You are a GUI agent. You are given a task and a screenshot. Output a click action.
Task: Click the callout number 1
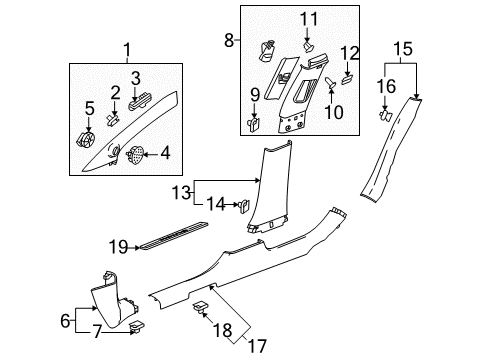[126, 49]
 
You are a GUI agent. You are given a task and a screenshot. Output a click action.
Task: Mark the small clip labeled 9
[253, 125]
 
